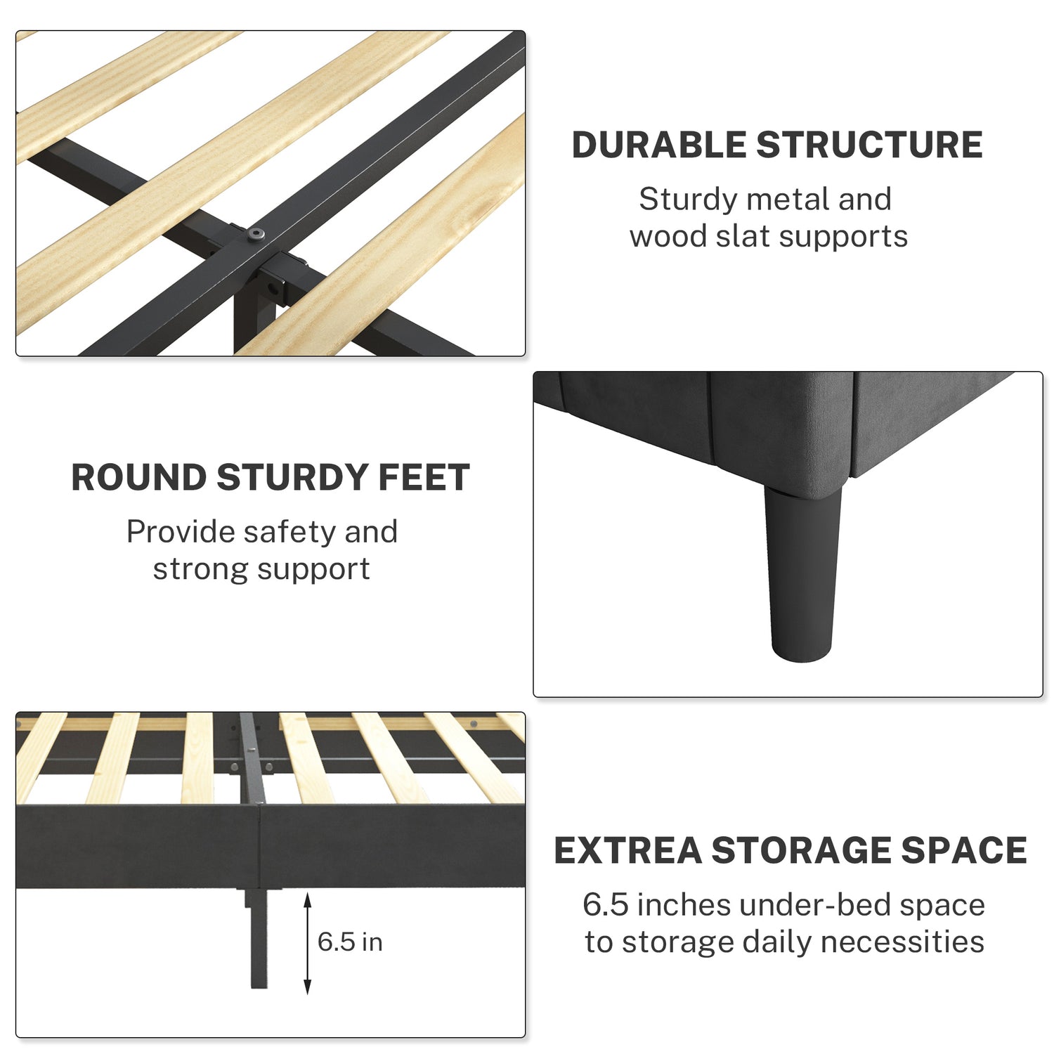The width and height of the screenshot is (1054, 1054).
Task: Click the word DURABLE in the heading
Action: [659, 145]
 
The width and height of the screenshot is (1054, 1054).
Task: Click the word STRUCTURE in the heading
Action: [869, 145]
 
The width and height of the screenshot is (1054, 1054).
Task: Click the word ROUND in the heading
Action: [139, 478]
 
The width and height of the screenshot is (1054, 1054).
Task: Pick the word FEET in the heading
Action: [424, 478]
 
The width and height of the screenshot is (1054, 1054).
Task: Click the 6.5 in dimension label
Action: [350, 942]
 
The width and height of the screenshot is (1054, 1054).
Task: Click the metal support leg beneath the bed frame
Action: [257, 938]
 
